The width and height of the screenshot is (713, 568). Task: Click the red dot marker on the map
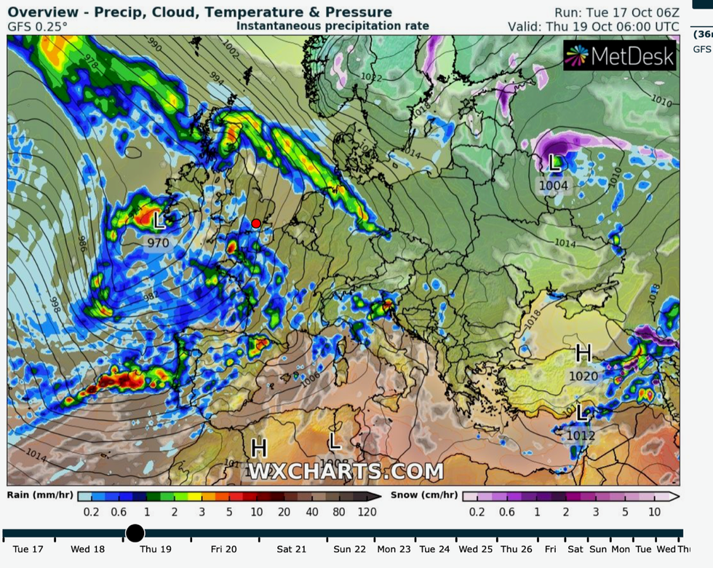256,224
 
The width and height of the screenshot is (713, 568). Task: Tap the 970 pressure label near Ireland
158,242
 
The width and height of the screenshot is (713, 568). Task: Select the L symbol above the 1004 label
555,164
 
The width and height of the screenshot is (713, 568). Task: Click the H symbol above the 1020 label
583,354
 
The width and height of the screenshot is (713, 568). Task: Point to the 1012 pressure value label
581,435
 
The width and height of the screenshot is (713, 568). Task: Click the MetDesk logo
620,56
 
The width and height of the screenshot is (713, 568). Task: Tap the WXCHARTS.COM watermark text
346,471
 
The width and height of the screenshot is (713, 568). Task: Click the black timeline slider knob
135,533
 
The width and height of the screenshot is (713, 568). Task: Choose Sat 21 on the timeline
290,550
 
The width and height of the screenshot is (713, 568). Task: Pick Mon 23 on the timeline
394,550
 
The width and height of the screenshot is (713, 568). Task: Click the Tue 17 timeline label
28,550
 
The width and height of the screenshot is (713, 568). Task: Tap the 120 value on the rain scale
367,512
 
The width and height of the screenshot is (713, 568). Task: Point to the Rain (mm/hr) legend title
40,495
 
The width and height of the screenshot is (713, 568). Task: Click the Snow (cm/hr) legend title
424,495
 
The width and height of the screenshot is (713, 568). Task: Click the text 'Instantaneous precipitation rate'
332,26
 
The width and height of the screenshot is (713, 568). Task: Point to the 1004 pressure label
553,186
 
